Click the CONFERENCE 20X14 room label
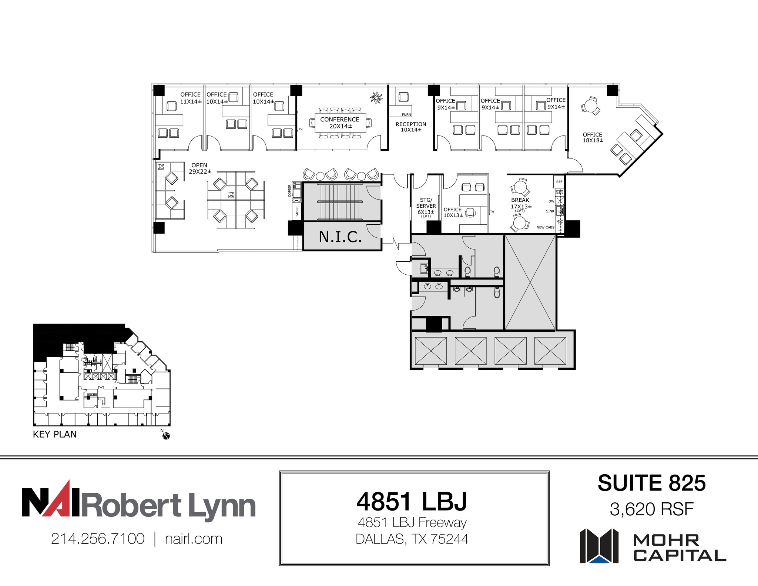coord(340,123)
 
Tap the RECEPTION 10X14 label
coord(410,127)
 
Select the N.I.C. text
coord(340,237)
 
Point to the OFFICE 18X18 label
coord(593,137)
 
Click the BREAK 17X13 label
coord(520,203)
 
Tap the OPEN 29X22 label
coord(200,168)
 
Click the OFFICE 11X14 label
coord(191,98)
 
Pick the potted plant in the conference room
coord(376,98)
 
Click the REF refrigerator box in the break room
coord(559,182)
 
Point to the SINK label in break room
coord(550,211)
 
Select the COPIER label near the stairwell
coord(290,191)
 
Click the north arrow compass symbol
coord(166,436)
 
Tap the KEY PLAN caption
coord(55,434)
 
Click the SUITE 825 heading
coord(651,483)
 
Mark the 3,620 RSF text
coord(651,509)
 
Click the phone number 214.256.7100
coord(98,539)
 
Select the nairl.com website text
coord(194,539)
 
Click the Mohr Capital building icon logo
coord(599,546)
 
